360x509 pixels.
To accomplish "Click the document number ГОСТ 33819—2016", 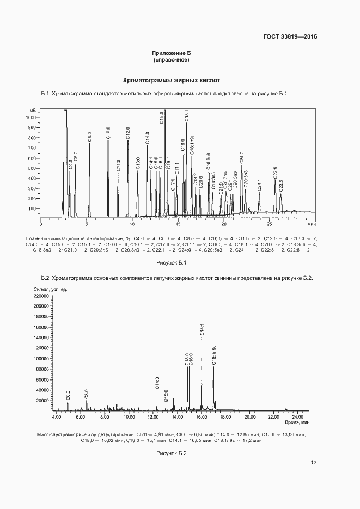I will (x=290, y=37).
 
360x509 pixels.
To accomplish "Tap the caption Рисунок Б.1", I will (x=171, y=263).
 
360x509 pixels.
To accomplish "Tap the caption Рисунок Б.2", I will (x=171, y=453).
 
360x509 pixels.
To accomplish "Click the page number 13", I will (x=313, y=463).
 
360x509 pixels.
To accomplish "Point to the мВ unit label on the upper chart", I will (x=32, y=110).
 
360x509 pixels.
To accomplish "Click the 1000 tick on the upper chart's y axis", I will (x=31, y=117).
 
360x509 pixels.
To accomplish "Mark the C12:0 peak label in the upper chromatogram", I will (x=128, y=133).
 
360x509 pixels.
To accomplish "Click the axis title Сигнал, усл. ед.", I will (x=50, y=290).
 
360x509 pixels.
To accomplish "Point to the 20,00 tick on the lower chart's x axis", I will (x=249, y=417).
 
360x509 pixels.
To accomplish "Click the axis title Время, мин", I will (x=297, y=422).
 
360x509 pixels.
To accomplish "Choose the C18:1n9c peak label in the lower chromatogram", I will (x=214, y=354).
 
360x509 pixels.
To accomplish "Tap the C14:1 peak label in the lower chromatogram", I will (x=202, y=329).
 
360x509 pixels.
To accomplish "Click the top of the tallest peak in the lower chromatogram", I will (x=202, y=338).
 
